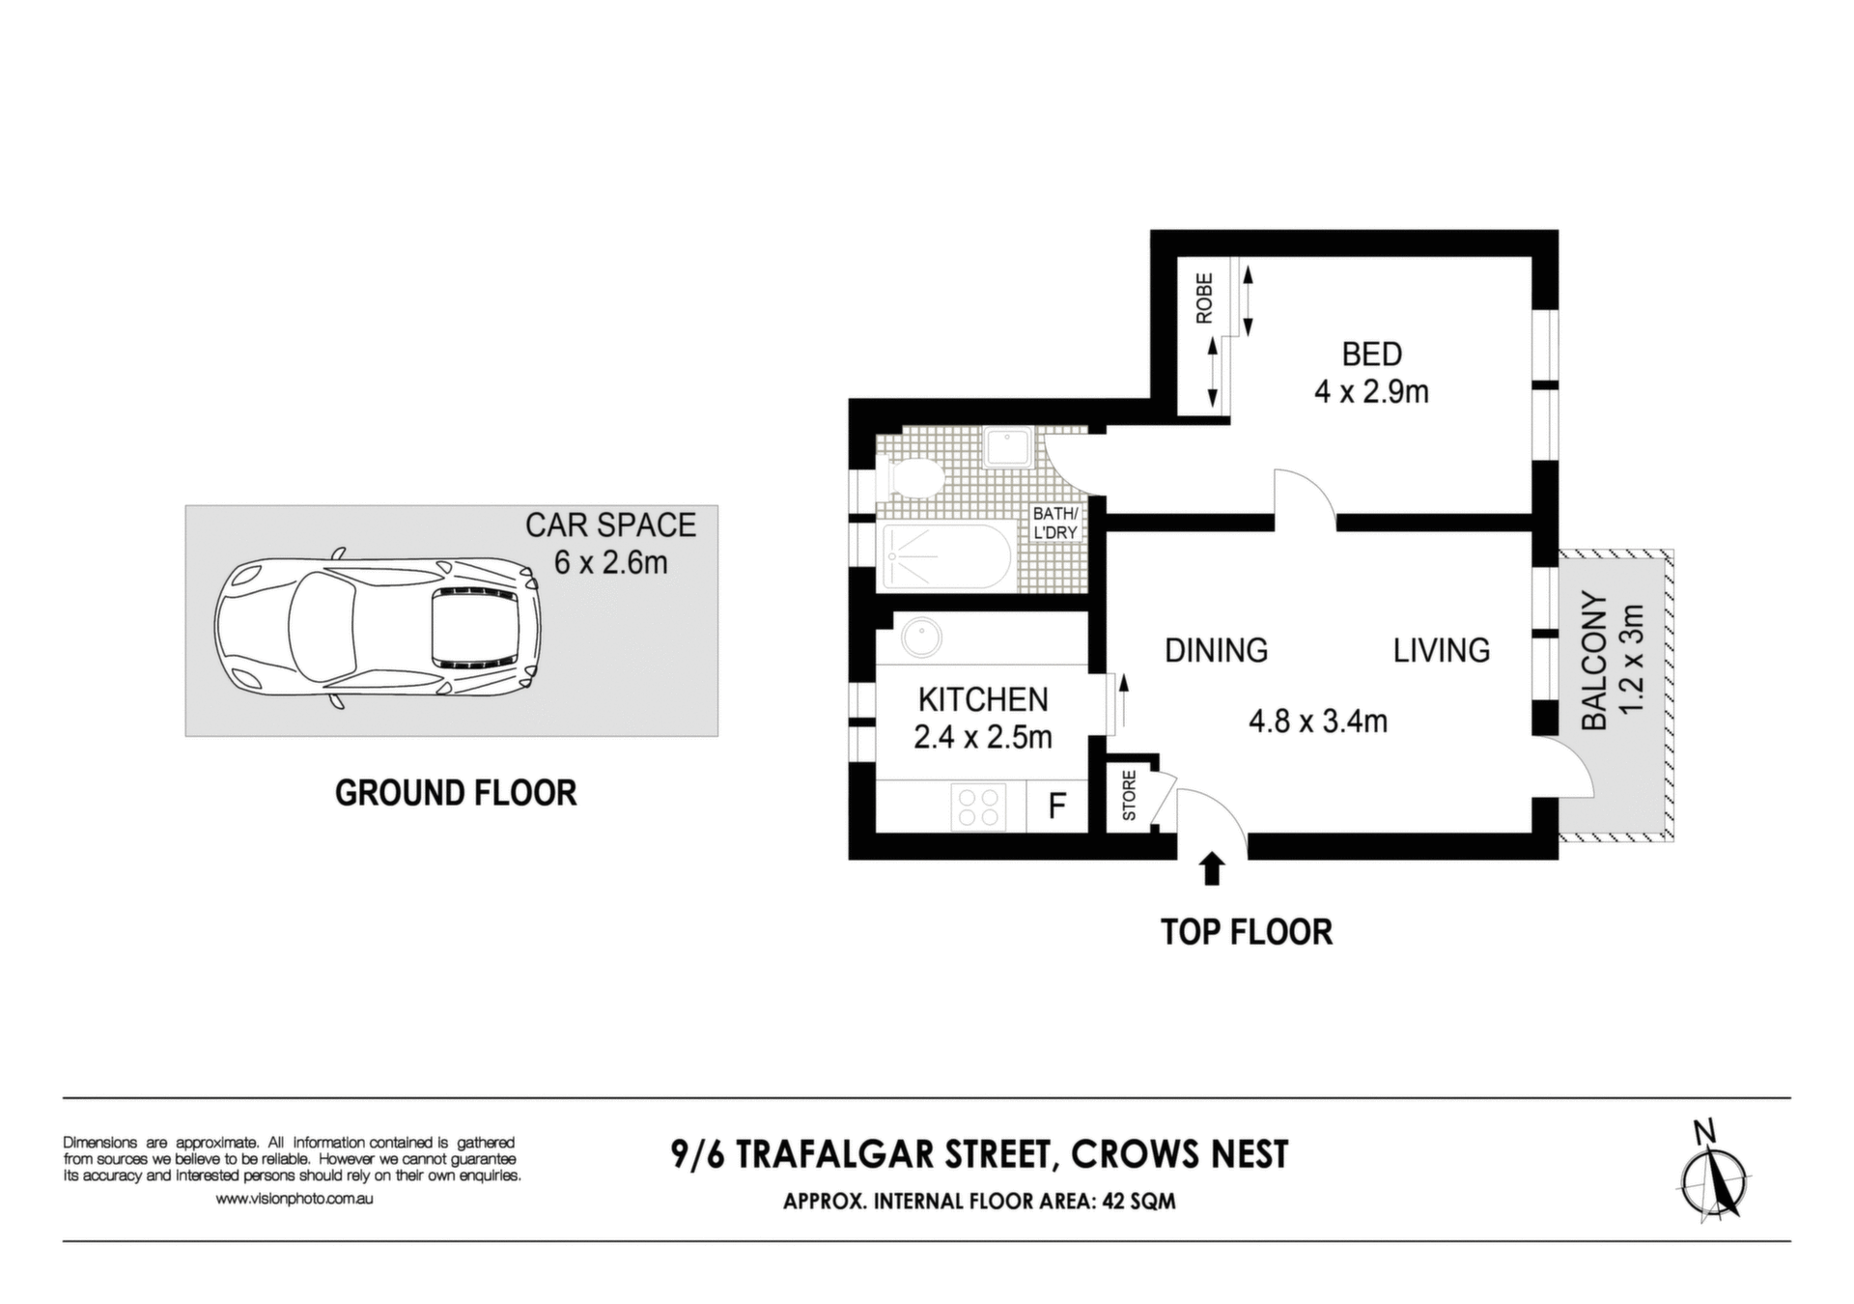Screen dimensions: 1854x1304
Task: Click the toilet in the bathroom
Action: pos(911,476)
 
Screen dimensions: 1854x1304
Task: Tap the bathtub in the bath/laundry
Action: pos(946,557)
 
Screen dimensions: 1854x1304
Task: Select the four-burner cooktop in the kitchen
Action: pos(979,807)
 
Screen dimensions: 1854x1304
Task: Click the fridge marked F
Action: pos(1057,805)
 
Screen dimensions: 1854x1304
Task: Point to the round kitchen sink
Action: pos(922,638)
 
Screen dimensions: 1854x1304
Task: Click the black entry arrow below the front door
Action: pos(1211,868)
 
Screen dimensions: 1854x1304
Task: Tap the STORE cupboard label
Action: pos(1129,796)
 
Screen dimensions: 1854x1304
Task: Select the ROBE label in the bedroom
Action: pos(1203,298)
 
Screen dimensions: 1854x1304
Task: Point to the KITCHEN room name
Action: pos(983,699)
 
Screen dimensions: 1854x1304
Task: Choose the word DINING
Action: pos(1216,650)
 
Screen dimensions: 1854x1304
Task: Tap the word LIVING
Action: pos(1441,650)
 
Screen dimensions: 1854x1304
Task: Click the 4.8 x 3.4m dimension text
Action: pos(1318,721)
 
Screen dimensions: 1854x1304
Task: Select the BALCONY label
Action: pos(1594,661)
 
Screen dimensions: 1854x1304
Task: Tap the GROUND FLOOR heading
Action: pos(456,793)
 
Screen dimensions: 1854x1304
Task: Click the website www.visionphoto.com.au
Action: pos(295,1199)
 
